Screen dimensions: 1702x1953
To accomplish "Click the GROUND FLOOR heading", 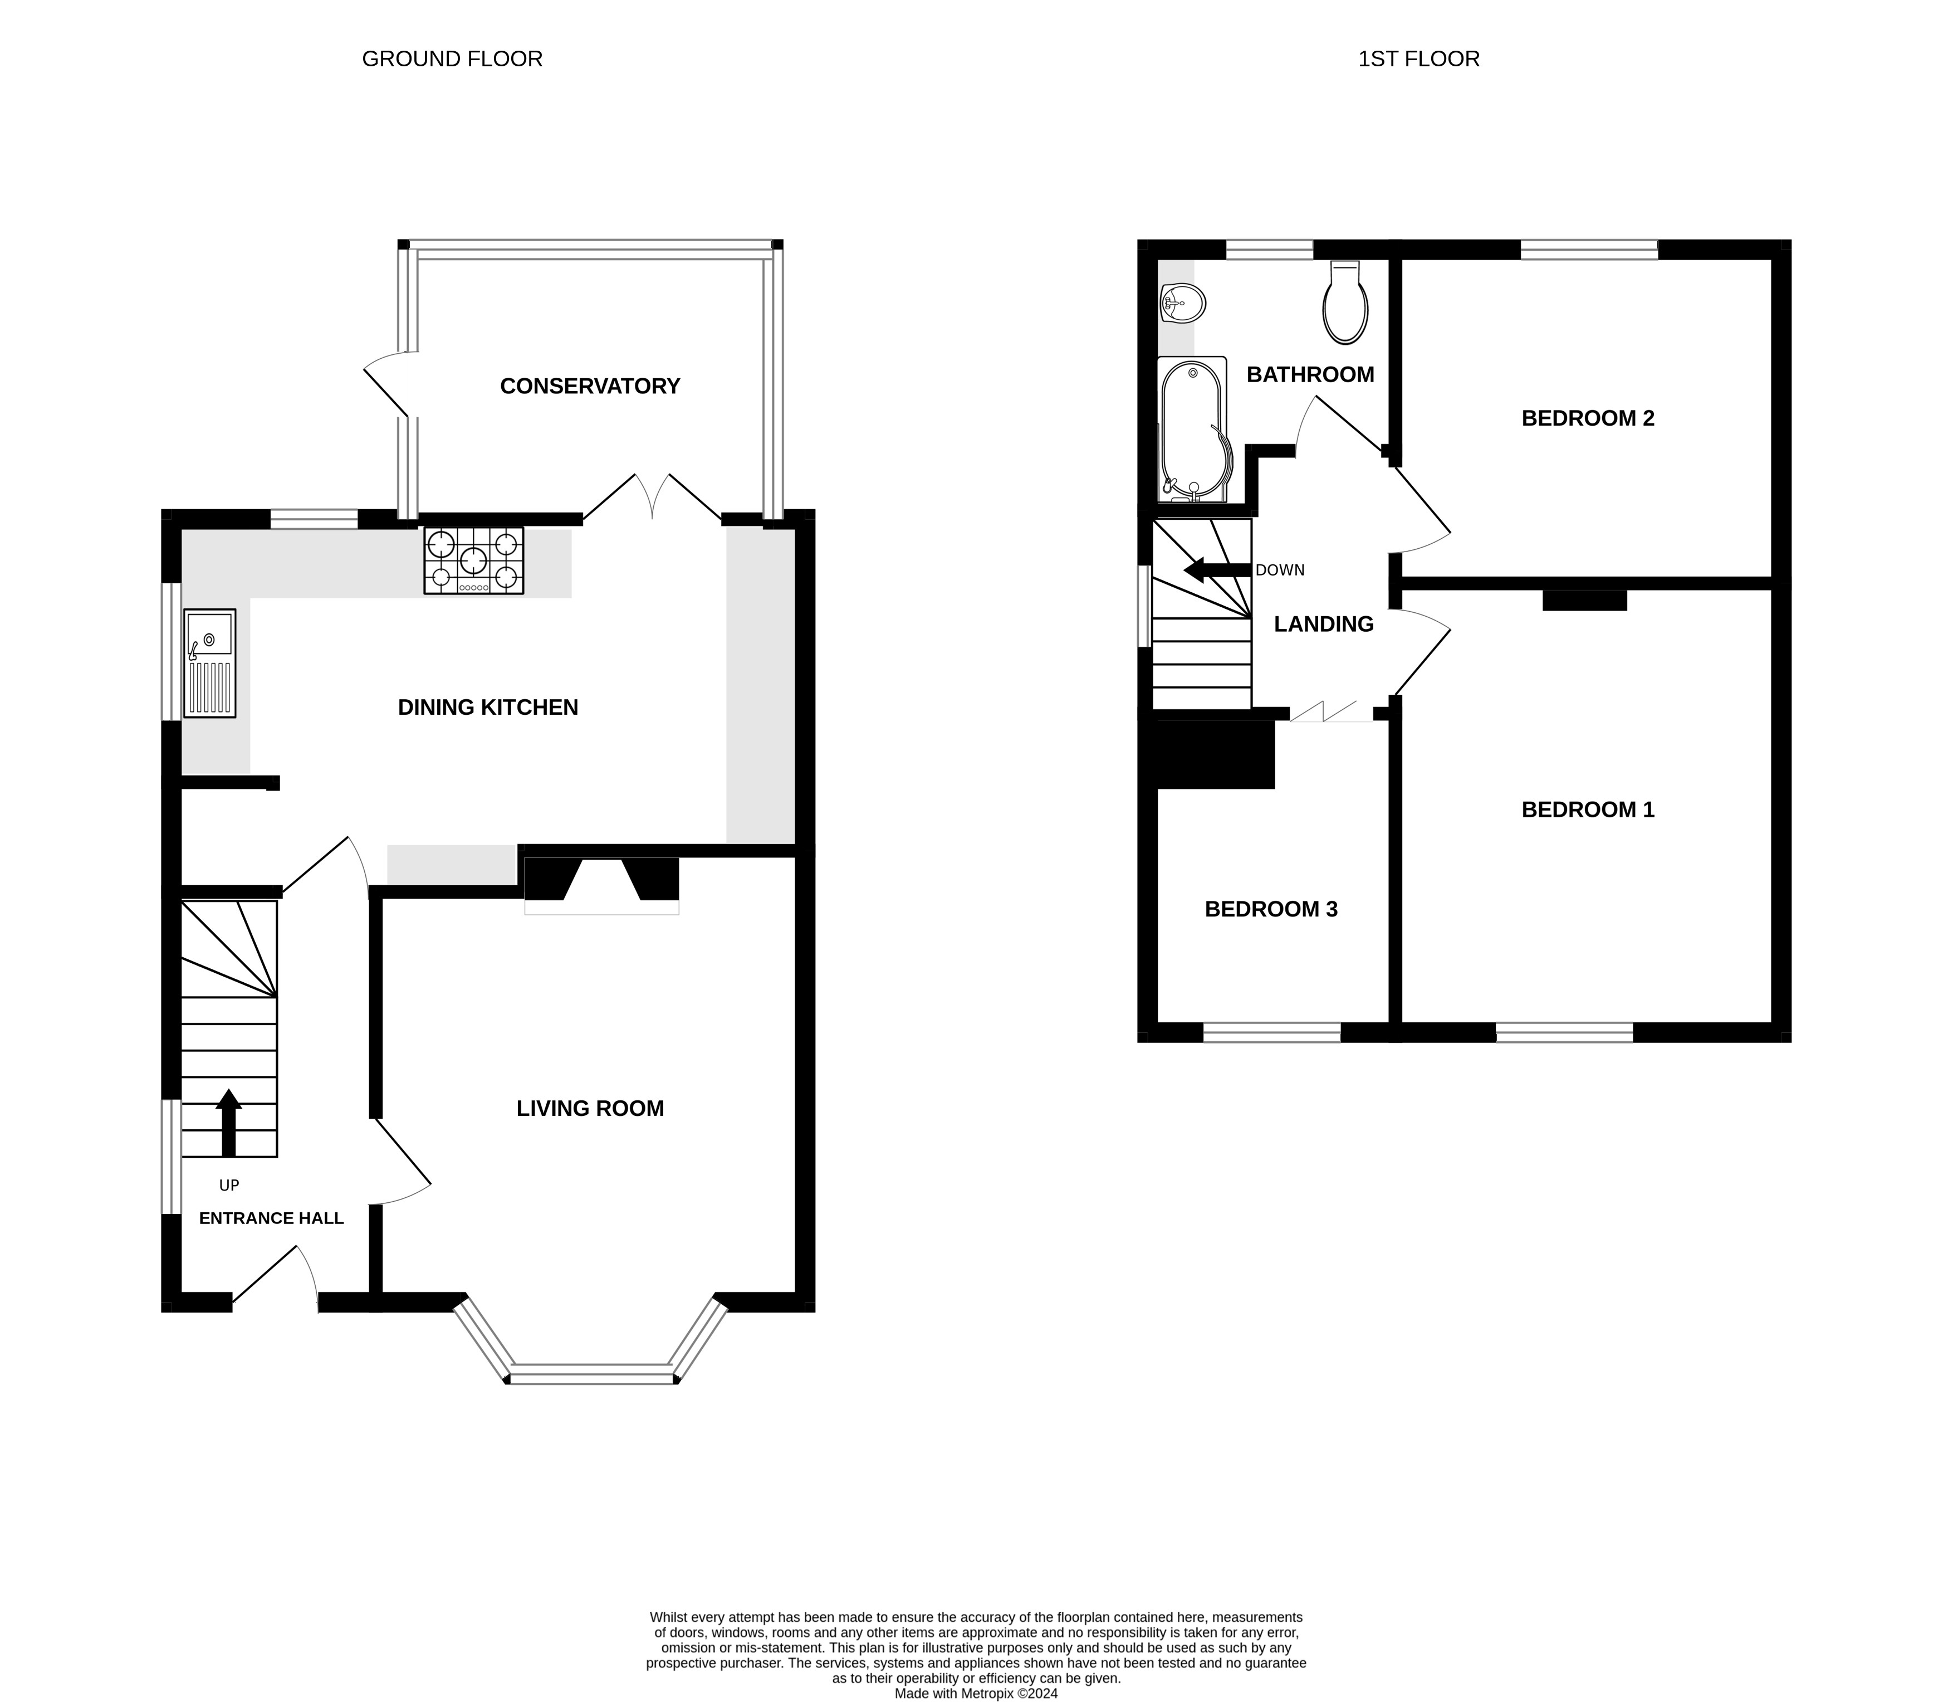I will click(452, 59).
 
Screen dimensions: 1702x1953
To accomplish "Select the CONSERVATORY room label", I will click(590, 386).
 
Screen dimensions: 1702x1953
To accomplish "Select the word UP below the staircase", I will click(229, 1186).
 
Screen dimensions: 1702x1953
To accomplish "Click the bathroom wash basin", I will click(1182, 305).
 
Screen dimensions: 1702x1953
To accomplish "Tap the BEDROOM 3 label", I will click(1270, 909).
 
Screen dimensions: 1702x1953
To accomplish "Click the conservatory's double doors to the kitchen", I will click(652, 499).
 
